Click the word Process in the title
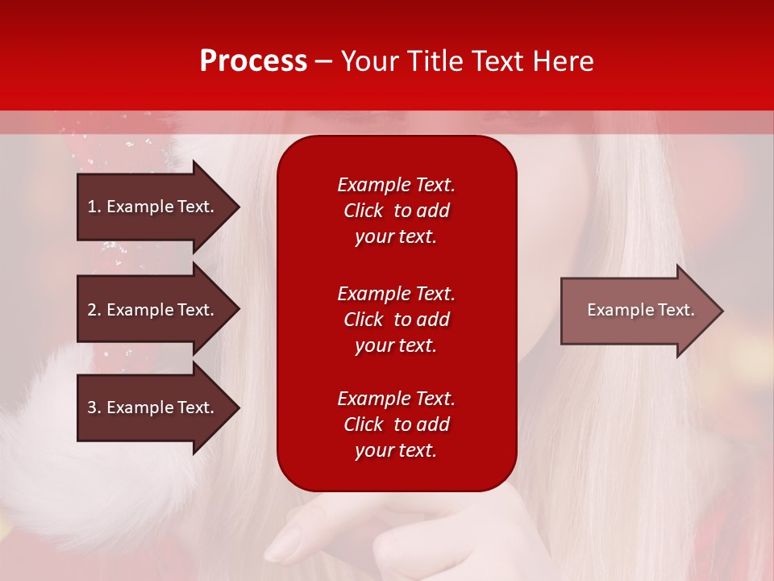click(253, 61)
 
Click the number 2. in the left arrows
click(94, 310)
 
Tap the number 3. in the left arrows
click(94, 408)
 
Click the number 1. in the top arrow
click(94, 207)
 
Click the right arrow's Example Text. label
click(640, 310)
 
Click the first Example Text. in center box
click(396, 185)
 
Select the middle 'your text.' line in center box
click(396, 345)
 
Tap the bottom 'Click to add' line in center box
click(396, 424)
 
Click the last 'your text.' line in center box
click(396, 450)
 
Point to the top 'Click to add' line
click(396, 211)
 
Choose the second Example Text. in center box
click(396, 293)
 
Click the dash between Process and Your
click(324, 61)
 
